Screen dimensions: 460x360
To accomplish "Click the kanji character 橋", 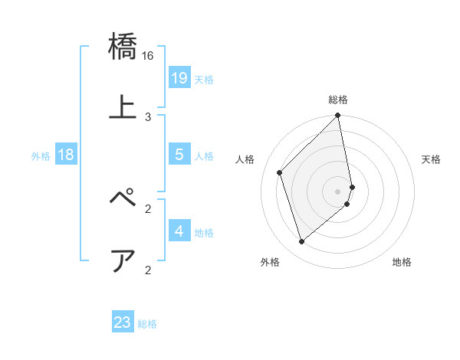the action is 123,47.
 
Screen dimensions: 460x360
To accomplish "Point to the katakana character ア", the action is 123,260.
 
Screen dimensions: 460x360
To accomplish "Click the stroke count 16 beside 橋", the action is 148,55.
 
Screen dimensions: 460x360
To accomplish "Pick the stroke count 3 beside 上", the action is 148,116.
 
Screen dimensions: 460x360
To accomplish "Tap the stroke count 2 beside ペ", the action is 148,208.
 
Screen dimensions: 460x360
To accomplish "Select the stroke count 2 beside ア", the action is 148,269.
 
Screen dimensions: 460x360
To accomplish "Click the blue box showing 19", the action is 179,78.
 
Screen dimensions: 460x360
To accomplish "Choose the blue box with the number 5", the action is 179,155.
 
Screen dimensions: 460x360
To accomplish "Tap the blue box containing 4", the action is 179,231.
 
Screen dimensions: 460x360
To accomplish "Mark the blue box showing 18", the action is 66,155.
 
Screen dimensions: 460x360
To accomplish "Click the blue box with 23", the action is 123,322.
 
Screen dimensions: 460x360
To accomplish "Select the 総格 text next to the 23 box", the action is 147,324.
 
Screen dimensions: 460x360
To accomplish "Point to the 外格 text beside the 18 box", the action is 41,156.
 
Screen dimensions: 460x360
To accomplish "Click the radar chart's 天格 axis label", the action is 432,159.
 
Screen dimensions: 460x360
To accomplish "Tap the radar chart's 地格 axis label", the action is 402,263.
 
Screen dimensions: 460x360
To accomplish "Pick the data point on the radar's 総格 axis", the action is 338,116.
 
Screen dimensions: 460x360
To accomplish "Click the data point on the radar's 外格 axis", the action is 302,242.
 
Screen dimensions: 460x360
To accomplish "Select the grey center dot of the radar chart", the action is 338,191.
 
